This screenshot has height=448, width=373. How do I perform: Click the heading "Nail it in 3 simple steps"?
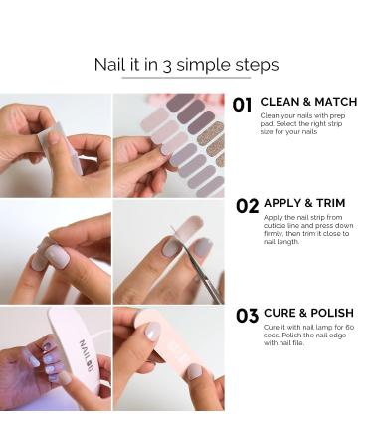click(x=186, y=65)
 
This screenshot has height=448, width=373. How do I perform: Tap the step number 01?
click(x=245, y=105)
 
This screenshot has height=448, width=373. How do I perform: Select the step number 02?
click(x=247, y=206)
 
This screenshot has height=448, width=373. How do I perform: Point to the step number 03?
click(x=247, y=316)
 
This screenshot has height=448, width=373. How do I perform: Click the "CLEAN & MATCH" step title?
click(x=308, y=102)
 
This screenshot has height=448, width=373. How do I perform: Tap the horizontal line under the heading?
click(x=186, y=78)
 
